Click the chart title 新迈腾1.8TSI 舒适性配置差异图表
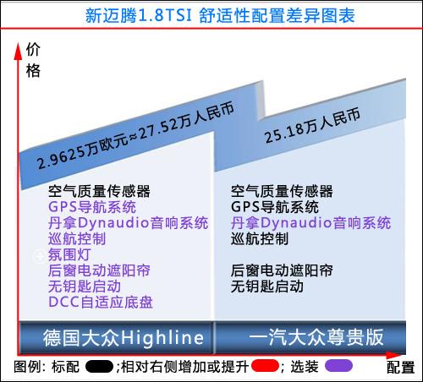tap(220, 15)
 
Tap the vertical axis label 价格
tap(33, 61)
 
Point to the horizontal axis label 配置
tap(400, 368)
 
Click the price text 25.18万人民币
tap(312, 125)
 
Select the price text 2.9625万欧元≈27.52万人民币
tap(135, 136)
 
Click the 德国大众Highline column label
tap(124, 337)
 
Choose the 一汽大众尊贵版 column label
tap(316, 337)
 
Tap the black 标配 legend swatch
tap(99, 367)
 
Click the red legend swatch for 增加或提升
tap(265, 366)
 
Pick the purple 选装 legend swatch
tap(338, 366)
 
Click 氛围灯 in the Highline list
tap(69, 255)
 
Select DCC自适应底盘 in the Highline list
tap(101, 303)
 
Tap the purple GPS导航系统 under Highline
tap(92, 207)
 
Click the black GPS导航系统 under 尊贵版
tap(275, 207)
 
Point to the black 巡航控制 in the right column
tap(260, 239)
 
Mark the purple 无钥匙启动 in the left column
tap(85, 286)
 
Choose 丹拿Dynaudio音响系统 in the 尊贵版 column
tap(310, 223)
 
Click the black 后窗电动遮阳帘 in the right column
tap(282, 270)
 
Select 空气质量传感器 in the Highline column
tap(99, 191)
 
